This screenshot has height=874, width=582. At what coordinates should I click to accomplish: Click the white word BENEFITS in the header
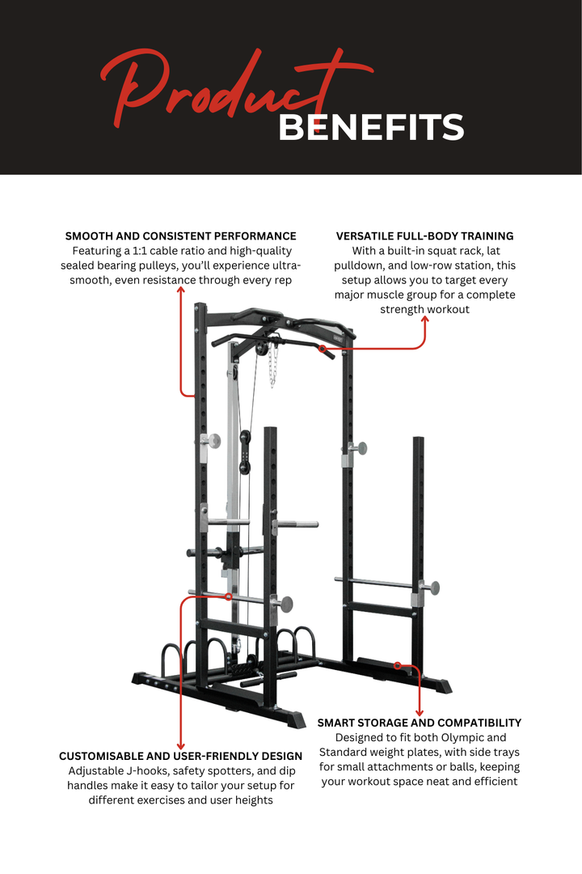click(371, 128)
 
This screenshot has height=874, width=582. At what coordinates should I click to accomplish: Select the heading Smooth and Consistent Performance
click(180, 236)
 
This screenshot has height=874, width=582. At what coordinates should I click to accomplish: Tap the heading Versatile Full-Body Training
click(424, 236)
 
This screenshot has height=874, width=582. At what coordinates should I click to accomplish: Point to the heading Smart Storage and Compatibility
click(419, 723)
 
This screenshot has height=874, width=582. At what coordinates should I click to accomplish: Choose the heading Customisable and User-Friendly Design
click(180, 756)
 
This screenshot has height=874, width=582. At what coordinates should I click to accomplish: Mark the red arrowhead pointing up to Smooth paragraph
click(180, 289)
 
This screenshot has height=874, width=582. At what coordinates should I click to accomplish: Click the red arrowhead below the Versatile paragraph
click(424, 320)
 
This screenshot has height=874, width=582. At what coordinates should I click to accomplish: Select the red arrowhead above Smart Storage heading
click(419, 711)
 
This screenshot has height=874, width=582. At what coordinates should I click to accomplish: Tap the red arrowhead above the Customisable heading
click(180, 744)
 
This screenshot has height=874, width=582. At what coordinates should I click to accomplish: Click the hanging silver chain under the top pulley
click(272, 364)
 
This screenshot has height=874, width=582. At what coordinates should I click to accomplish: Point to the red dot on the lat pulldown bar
click(322, 349)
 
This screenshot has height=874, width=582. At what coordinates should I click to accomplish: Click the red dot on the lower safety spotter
click(230, 596)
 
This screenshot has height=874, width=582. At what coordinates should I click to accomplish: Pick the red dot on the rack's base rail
click(397, 665)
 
